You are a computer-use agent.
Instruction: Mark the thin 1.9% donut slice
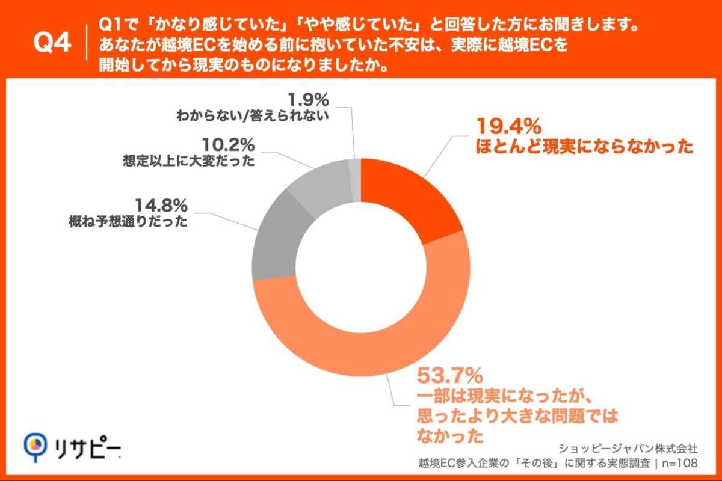pyautogui.click(x=354, y=169)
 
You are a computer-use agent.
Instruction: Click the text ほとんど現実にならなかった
pyautogui.click(x=582, y=147)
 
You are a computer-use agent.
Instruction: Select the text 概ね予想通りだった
pyautogui.click(x=128, y=222)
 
